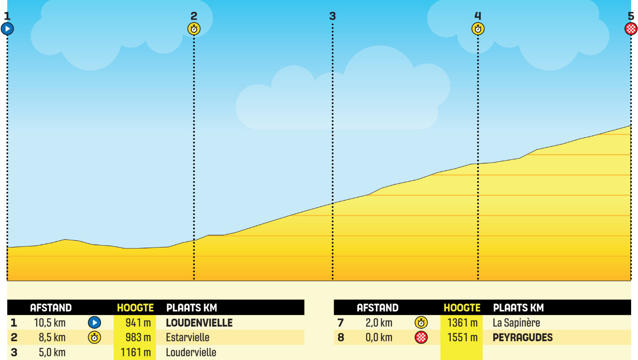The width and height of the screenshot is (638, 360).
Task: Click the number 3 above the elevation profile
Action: point(332,16)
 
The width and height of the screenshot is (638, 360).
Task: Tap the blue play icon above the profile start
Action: point(7,29)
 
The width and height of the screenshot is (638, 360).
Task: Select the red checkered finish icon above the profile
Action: point(631,29)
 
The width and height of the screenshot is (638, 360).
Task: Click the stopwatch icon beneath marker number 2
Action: point(194,29)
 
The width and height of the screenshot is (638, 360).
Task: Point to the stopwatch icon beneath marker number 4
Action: point(478,29)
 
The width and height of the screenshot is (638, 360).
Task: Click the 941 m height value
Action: point(138,323)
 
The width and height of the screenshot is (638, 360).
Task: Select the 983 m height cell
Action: point(138,338)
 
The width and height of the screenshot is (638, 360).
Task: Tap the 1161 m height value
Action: point(136,353)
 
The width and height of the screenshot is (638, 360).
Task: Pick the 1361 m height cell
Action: point(462,323)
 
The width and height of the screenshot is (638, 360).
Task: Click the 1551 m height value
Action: point(462,338)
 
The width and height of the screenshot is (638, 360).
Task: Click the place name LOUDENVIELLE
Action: point(199,323)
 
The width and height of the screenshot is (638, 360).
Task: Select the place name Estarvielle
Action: point(187,338)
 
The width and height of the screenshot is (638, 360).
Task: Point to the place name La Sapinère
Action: point(517,323)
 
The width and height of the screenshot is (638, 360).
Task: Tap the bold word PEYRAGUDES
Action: point(522,338)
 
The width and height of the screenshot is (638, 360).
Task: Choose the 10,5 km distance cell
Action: point(49,323)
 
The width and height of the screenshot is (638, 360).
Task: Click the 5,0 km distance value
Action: point(52,353)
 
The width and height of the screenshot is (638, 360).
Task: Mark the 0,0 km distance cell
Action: point(379,338)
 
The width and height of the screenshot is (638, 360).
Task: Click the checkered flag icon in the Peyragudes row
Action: point(421,338)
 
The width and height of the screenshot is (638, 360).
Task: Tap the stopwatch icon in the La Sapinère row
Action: point(421,323)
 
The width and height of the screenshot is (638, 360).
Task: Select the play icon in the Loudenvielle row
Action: point(94,323)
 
